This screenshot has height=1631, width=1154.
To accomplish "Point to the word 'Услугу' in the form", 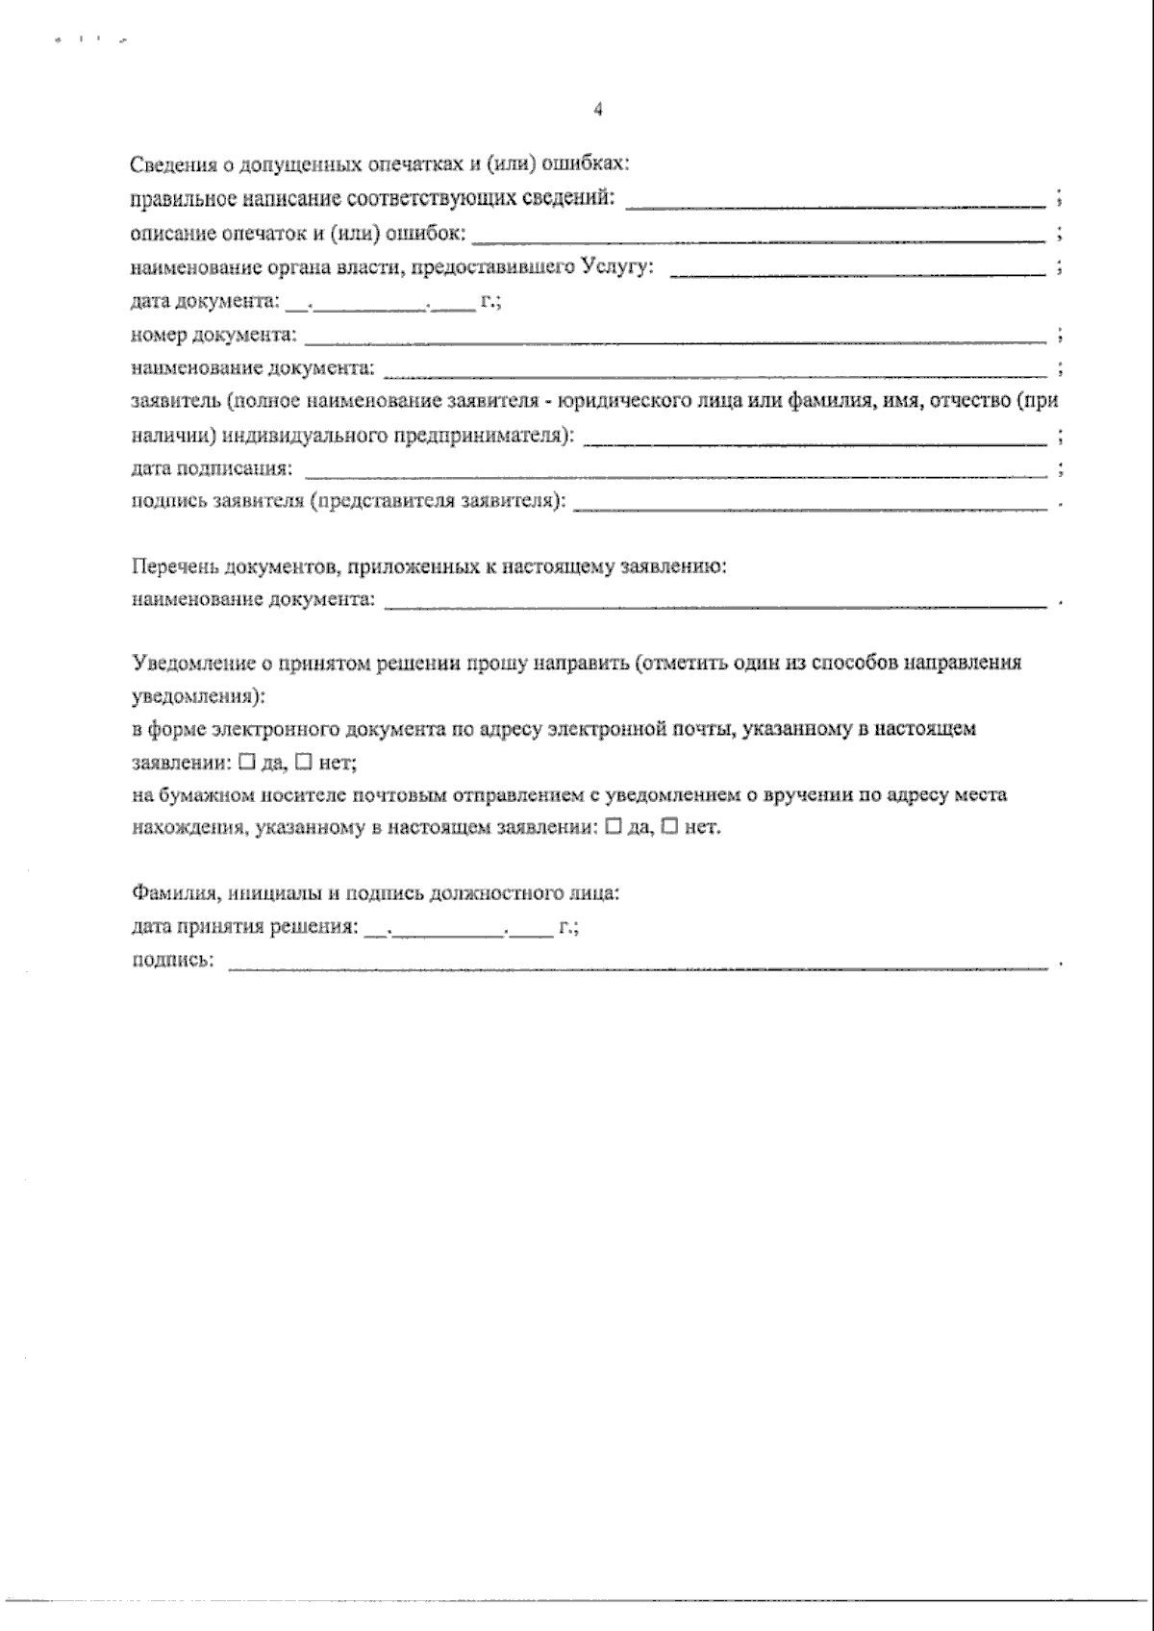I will (x=615, y=266).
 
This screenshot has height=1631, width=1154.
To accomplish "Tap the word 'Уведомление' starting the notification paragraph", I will (x=188, y=664).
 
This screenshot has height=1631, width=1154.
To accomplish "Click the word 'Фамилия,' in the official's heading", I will (x=164, y=893).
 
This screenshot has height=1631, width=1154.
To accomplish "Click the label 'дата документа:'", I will (x=205, y=302).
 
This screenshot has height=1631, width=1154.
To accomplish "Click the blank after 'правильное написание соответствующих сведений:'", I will (x=837, y=202).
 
